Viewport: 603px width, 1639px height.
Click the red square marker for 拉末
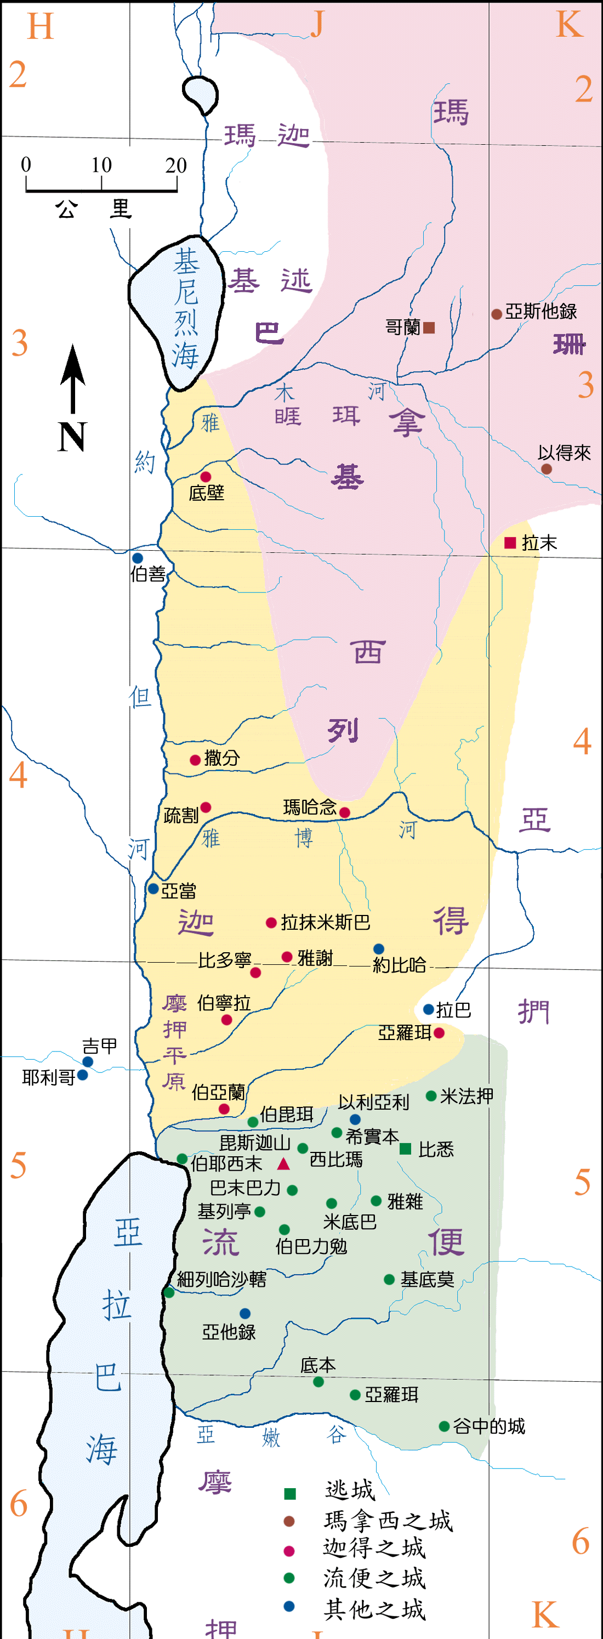(x=509, y=542)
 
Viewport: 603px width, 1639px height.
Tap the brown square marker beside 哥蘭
(x=429, y=327)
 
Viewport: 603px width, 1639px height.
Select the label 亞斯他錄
(x=541, y=312)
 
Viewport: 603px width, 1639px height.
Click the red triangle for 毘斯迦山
(x=284, y=1165)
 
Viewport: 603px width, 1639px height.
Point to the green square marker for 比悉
(x=405, y=1149)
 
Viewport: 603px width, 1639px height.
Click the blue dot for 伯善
(x=138, y=558)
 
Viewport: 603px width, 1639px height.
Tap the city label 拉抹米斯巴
(x=325, y=923)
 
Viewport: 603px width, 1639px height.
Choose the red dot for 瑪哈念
(x=345, y=812)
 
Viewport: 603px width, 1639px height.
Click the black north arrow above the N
(x=73, y=378)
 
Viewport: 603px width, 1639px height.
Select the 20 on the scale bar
(x=175, y=166)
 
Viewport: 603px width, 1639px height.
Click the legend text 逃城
(x=350, y=1490)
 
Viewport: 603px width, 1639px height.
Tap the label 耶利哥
(x=48, y=1077)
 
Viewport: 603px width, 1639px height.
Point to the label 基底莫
(x=428, y=1280)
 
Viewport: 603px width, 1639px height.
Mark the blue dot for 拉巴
(x=429, y=1010)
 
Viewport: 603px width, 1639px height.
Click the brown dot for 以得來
(x=547, y=469)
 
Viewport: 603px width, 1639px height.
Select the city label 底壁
(x=206, y=493)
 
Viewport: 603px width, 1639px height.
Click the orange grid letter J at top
(x=317, y=24)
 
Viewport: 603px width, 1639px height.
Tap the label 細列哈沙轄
(x=221, y=1280)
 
